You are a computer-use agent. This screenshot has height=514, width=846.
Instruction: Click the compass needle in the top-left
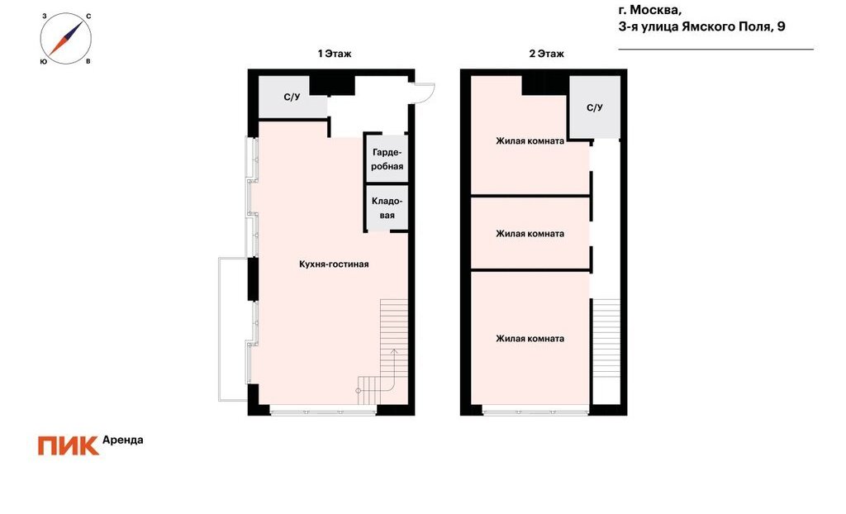66,39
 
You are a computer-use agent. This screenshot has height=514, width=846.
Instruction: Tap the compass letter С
88,17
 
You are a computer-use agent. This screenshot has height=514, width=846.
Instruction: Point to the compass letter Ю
43,61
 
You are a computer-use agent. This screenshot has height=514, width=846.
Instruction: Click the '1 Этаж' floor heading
335,54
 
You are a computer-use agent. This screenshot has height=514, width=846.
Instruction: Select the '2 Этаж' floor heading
547,54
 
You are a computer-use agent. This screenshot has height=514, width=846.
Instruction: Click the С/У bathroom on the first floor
292,98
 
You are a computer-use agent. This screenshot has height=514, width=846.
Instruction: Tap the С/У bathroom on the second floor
595,107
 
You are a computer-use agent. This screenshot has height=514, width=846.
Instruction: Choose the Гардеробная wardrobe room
387,159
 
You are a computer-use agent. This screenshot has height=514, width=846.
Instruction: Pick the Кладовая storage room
387,208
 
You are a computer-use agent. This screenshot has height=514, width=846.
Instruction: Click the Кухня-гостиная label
334,264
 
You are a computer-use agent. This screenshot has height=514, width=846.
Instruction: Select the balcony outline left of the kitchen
219,330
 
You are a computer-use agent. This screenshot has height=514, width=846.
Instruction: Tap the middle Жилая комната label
530,234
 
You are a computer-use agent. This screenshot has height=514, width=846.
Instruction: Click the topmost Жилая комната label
530,141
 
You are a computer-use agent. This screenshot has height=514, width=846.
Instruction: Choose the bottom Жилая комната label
530,339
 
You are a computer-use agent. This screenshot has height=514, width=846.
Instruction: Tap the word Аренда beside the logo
123,440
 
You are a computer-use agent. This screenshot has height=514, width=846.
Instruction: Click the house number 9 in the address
781,26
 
